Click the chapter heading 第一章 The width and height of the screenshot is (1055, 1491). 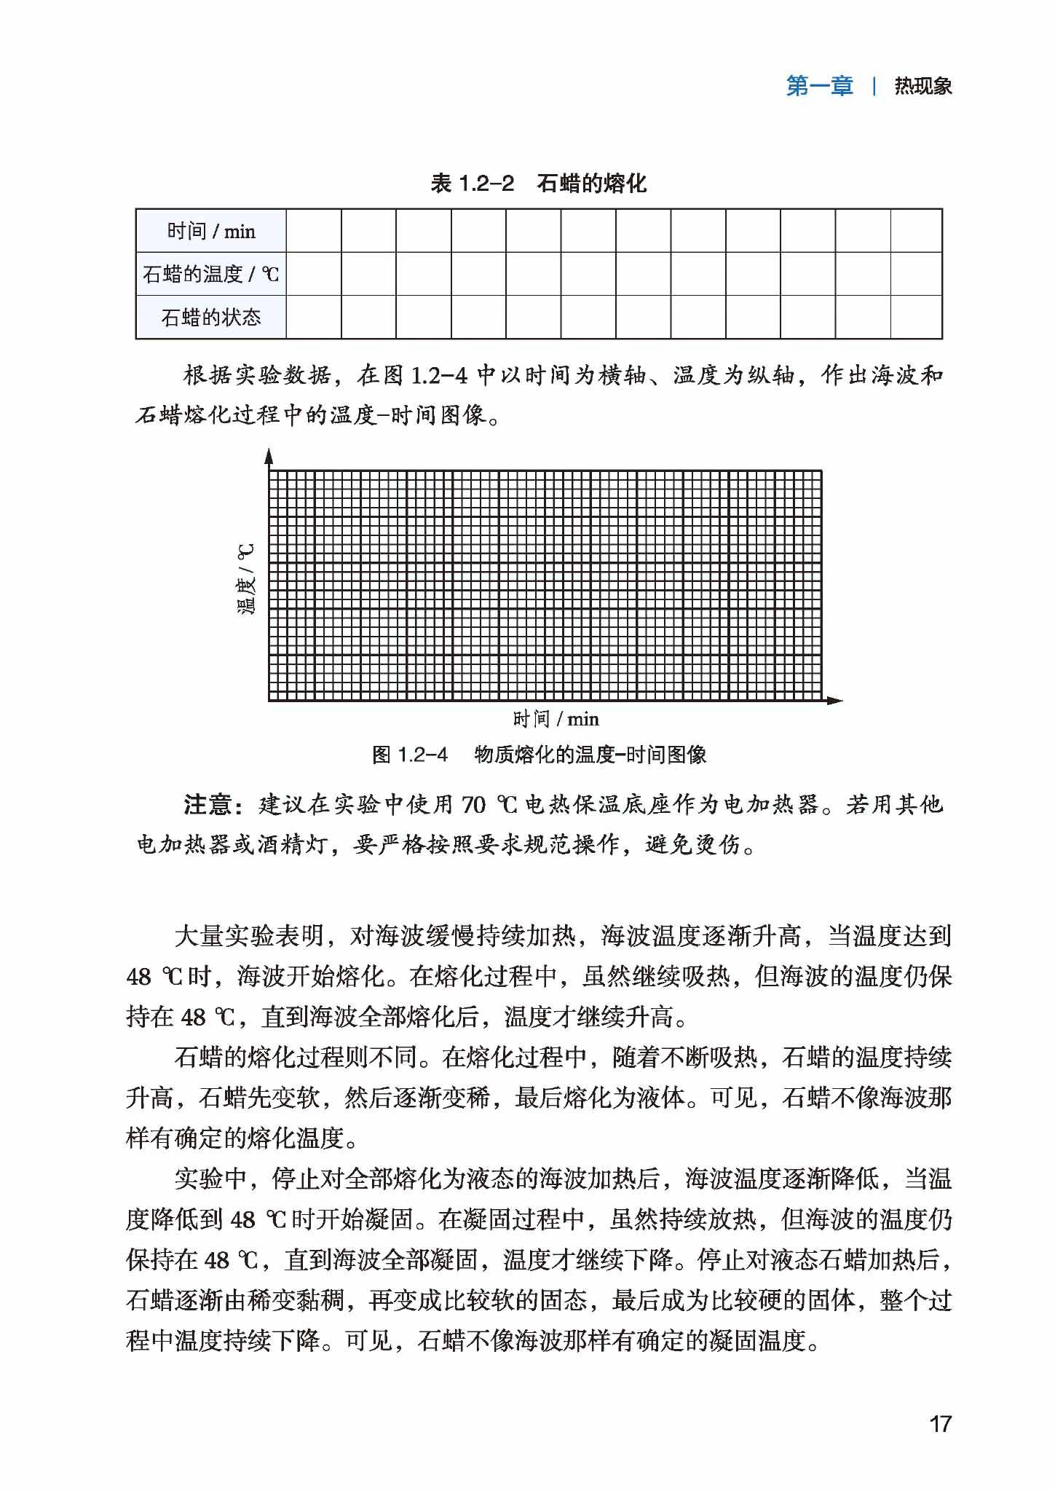pos(819,87)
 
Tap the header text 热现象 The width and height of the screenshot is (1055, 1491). pos(923,87)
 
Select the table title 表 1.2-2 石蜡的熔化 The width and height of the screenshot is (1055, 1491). pos(538,184)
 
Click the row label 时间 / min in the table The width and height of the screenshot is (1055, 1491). pos(211,232)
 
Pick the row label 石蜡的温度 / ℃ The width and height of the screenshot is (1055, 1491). pos(211,275)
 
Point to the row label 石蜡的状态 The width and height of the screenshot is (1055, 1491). pos(211,318)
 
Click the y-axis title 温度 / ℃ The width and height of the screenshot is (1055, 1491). pos(248,579)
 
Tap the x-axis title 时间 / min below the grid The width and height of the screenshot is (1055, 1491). pos(556,720)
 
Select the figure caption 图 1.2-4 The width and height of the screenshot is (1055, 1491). pos(410,755)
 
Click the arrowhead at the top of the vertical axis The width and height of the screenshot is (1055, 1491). pos(269,457)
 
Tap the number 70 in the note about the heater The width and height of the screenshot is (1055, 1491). pos(473,805)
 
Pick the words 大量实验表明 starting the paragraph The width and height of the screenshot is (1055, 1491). pos(249,936)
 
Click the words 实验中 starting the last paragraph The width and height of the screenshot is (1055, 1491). pos(210,1179)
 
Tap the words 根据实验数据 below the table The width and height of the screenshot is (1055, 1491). pos(257,376)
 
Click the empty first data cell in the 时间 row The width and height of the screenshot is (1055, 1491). pos(314,232)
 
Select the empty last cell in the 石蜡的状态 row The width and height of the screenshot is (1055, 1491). pos(916,318)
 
